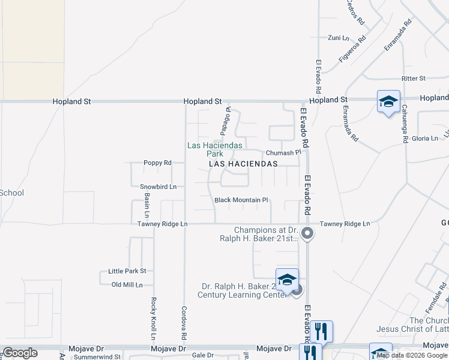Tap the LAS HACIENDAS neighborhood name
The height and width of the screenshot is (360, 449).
click(243, 163)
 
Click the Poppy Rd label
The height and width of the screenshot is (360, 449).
click(157, 163)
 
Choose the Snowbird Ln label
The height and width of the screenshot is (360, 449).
click(158, 187)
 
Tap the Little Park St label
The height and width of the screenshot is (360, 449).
click(127, 271)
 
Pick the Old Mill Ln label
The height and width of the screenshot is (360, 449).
click(127, 284)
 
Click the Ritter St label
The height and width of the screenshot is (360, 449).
click(414, 79)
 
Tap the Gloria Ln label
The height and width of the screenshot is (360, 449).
click(425, 139)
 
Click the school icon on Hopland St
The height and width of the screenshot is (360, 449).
click(388, 101)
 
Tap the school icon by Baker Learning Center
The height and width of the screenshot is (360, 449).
click(287, 280)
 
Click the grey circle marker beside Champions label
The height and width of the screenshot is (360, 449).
click(308, 233)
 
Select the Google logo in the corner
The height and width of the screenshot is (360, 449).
click(20, 353)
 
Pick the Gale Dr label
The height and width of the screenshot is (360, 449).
click(203, 355)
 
